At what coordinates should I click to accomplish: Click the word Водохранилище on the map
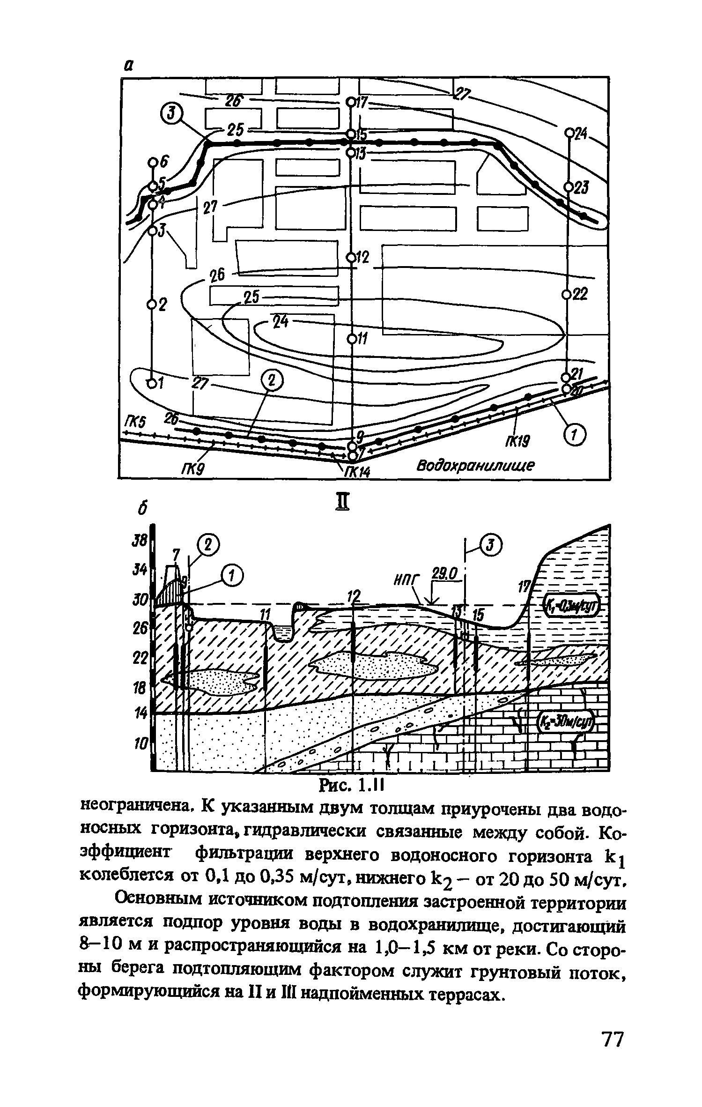coord(476,466)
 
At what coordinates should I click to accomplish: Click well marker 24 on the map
coord(569,133)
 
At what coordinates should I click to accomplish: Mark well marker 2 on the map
coord(151,305)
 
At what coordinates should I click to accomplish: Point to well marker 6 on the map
coord(153,162)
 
